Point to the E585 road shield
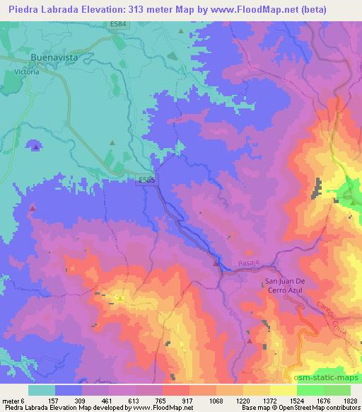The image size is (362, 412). (x=146, y=181)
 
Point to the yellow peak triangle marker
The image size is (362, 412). (x=120, y=298)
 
